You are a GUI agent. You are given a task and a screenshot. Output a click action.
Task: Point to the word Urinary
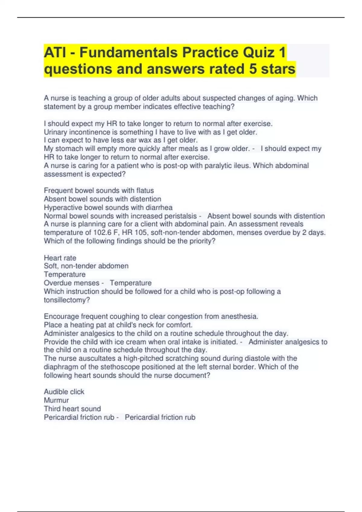tap(56, 132)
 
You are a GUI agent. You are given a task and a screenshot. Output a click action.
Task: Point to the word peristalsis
tap(180, 216)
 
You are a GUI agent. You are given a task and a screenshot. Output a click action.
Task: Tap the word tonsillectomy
tap(67, 300)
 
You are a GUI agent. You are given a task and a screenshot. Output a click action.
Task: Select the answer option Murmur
tap(56, 400)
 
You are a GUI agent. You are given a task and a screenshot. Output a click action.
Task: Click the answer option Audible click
tap(64, 392)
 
